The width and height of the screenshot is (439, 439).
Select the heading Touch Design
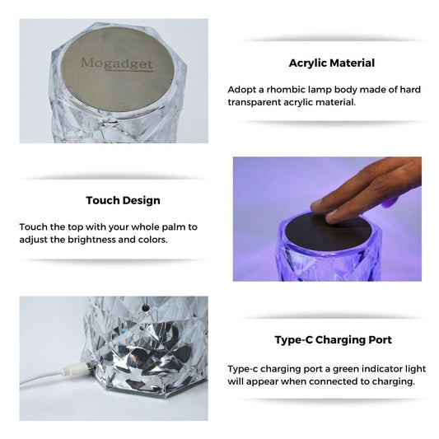click(x=123, y=200)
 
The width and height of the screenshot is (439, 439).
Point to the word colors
click(x=149, y=240)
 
